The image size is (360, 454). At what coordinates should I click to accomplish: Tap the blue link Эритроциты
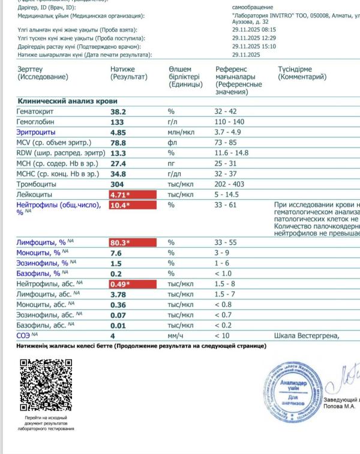(37, 132)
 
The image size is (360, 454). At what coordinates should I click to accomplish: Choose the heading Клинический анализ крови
(67, 101)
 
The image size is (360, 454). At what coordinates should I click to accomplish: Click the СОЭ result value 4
(112, 335)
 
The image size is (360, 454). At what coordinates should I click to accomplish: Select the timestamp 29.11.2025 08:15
(254, 29)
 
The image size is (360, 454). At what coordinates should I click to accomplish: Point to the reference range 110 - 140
(230, 122)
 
